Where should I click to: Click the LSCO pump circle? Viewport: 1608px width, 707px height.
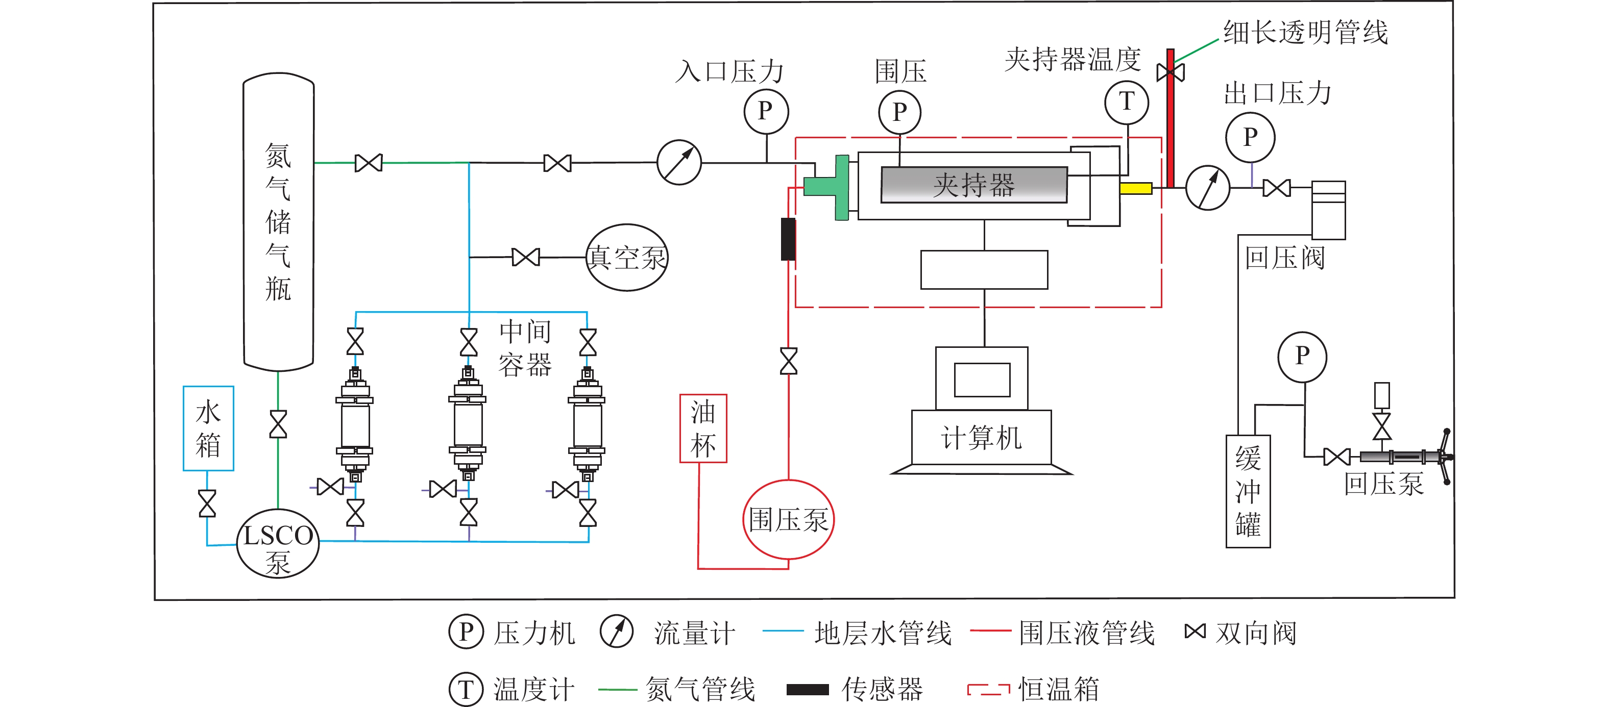[x=278, y=543]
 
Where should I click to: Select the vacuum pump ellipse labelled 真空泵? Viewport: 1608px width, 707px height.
[x=627, y=257]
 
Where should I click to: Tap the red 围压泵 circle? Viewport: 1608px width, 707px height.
[x=788, y=519]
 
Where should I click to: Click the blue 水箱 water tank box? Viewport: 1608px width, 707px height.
[x=208, y=428]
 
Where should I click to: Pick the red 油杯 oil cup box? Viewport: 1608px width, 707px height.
[x=703, y=428]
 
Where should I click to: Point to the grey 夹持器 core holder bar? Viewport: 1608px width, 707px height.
[x=974, y=185]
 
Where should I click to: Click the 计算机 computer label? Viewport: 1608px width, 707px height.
[x=981, y=438]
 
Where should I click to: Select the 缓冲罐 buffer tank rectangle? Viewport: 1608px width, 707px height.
[x=1248, y=491]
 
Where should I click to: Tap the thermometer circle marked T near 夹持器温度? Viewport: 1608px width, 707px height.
[x=1126, y=102]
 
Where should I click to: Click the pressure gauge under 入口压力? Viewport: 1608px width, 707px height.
[x=766, y=112]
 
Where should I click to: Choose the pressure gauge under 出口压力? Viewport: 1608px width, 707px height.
[x=1250, y=137]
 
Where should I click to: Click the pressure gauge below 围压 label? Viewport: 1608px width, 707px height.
[x=899, y=113]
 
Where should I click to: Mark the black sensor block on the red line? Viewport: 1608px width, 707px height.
[x=788, y=239]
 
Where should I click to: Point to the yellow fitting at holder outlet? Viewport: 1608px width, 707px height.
[x=1135, y=188]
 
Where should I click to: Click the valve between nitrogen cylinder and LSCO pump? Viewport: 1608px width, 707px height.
[x=278, y=424]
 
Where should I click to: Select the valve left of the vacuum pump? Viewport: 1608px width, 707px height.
[x=526, y=257]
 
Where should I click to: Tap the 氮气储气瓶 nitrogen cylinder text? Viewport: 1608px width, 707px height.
[x=278, y=221]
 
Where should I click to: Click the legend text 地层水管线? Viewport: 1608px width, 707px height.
[x=883, y=633]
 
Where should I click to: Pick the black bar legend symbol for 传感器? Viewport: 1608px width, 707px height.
[x=807, y=690]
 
